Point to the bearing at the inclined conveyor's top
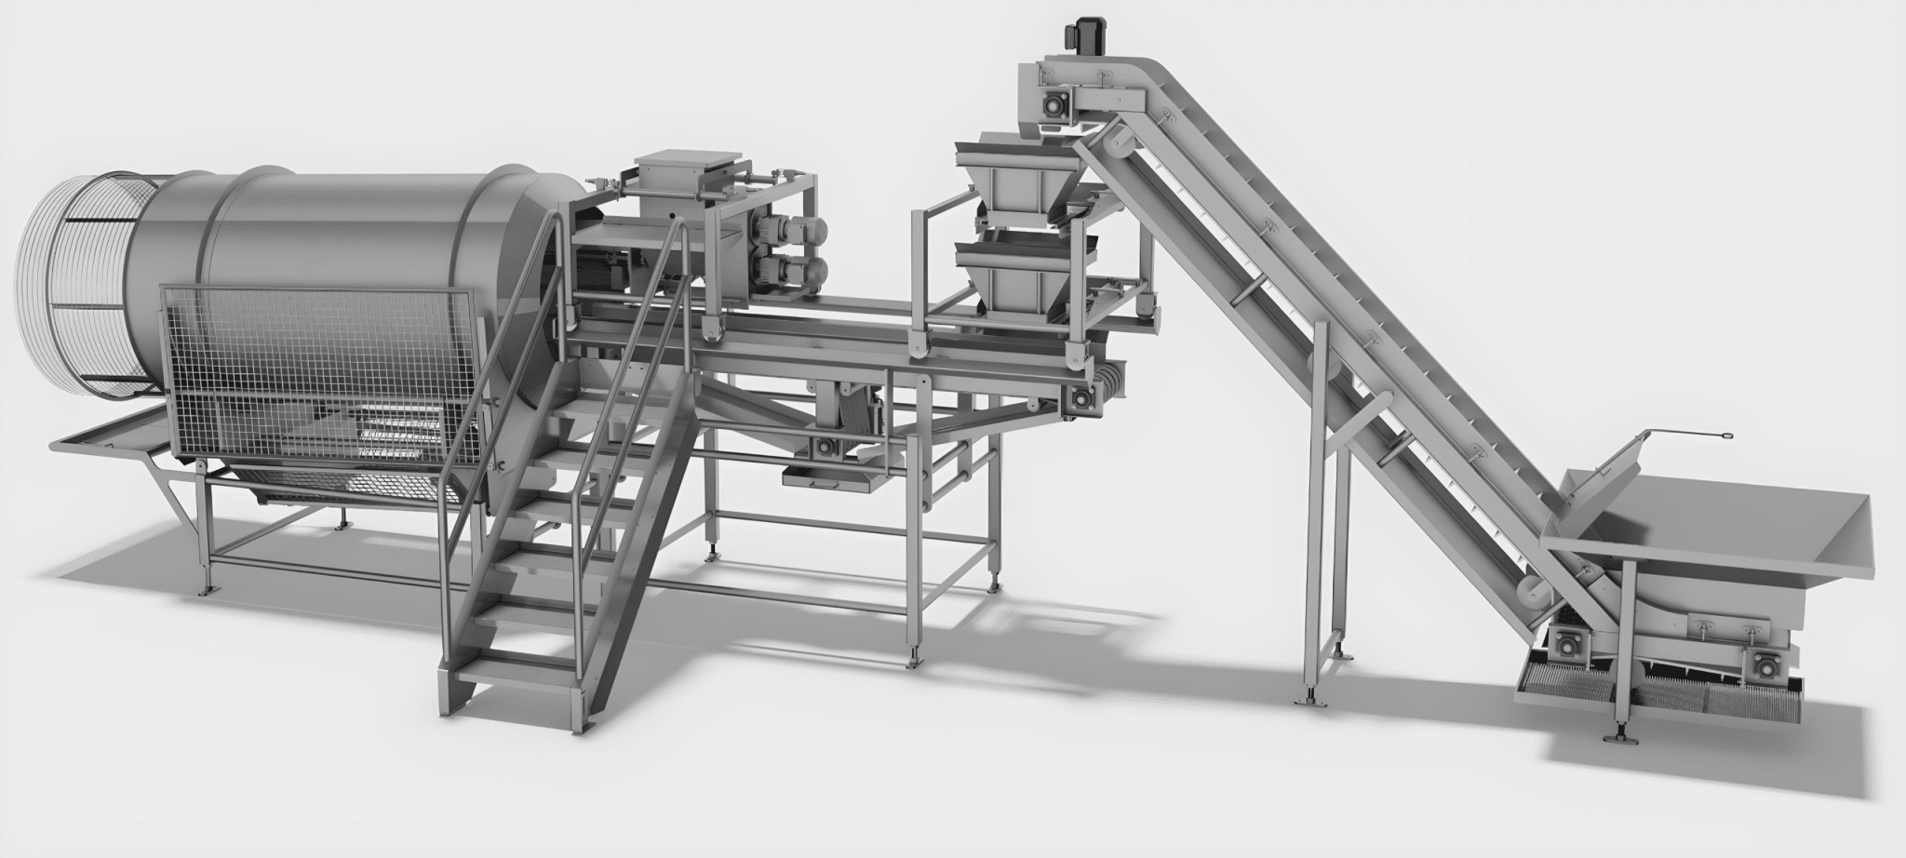pos(1054,107)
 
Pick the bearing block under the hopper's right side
pos(1764,664)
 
